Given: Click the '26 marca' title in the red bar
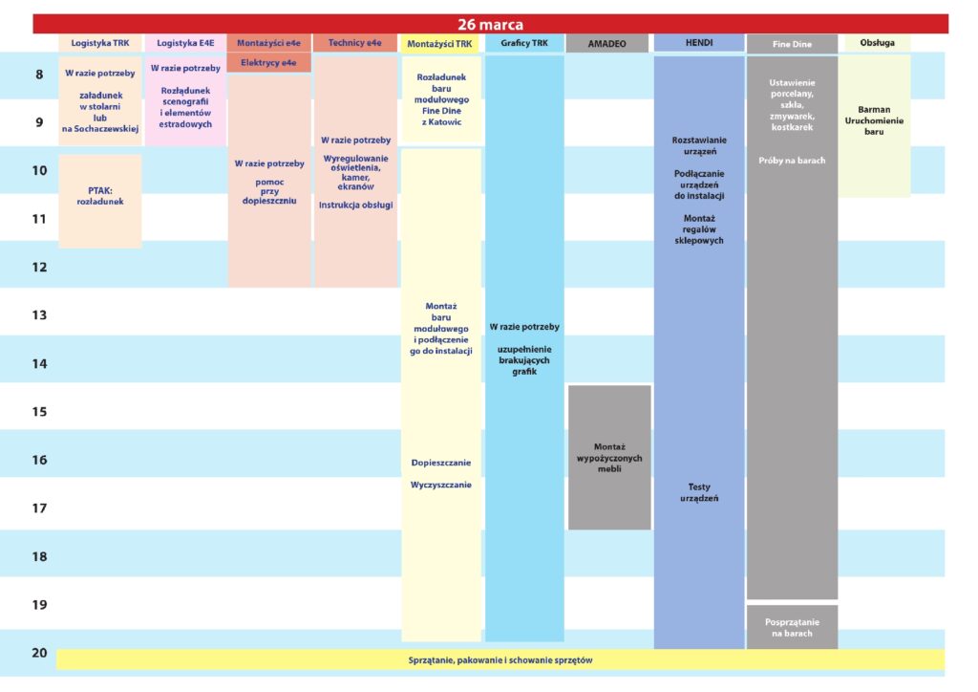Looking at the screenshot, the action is [x=490, y=24].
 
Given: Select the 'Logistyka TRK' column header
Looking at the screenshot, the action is [x=99, y=43].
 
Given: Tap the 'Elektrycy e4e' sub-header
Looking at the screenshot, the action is [x=268, y=62].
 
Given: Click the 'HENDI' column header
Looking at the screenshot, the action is [x=698, y=42].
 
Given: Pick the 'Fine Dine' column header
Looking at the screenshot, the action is [x=792, y=44].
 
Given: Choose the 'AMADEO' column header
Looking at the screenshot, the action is [x=606, y=44].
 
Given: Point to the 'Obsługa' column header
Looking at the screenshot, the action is [x=877, y=42].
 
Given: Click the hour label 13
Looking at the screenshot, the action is [x=39, y=315].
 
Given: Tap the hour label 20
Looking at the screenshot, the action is [x=39, y=653].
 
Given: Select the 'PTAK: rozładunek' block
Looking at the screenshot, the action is [x=99, y=201].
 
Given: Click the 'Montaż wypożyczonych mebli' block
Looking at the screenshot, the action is [x=609, y=458].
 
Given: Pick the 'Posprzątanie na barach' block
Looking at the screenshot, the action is [x=792, y=627].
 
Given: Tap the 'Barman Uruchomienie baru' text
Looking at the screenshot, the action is [x=874, y=120].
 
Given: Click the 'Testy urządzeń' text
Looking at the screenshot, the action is [x=698, y=492].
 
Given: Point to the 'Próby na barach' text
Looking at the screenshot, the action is [x=792, y=161].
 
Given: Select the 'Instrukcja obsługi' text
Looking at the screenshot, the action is [x=355, y=205].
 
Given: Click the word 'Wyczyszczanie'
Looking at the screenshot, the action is [x=441, y=485].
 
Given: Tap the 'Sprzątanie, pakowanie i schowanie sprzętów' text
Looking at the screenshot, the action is [x=500, y=660].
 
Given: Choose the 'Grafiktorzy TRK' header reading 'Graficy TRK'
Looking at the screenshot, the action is [x=524, y=43].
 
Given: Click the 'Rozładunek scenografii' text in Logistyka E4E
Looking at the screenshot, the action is [x=185, y=97].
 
